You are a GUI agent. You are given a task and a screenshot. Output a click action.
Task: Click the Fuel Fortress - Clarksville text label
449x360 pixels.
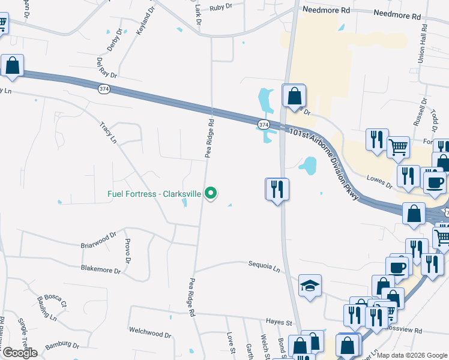tap(154, 194)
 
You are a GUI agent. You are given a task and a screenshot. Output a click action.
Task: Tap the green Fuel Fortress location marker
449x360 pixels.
tap(210, 193)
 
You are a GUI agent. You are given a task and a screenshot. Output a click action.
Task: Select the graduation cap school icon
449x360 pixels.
tap(310, 286)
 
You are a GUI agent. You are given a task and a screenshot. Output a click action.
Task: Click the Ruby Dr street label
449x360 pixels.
tap(221, 8)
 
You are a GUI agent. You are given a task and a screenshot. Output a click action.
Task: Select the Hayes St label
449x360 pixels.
tap(279, 322)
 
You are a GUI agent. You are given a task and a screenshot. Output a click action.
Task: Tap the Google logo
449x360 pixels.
tap(19, 353)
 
